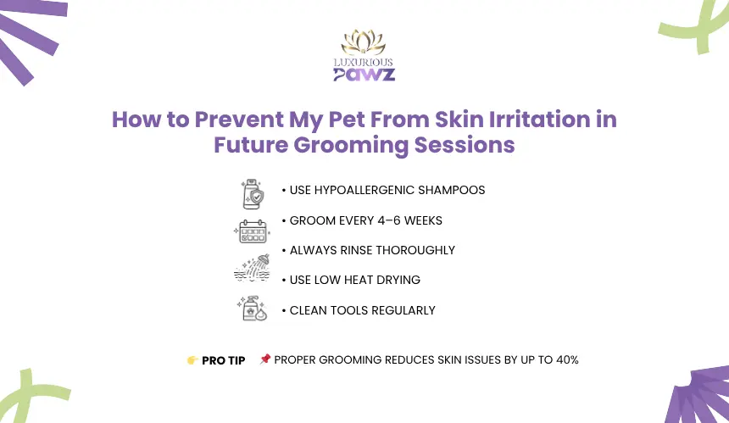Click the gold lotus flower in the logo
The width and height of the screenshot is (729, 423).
[364, 42]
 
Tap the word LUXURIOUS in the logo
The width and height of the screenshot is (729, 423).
[364, 62]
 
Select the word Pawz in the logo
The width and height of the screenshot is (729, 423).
[364, 75]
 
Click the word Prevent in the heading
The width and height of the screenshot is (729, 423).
[239, 120]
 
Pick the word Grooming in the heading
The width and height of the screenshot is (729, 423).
[351, 145]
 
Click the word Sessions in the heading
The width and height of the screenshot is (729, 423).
[465, 145]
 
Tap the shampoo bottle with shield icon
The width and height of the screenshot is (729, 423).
[253, 194]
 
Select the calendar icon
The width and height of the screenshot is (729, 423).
[253, 231]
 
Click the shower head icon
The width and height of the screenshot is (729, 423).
[252, 268]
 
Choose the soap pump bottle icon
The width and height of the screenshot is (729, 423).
[252, 308]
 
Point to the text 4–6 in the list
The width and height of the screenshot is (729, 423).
[389, 220]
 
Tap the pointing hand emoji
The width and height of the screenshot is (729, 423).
[192, 360]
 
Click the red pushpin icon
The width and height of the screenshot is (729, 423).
[265, 359]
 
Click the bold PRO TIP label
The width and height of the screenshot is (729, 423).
[224, 361]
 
